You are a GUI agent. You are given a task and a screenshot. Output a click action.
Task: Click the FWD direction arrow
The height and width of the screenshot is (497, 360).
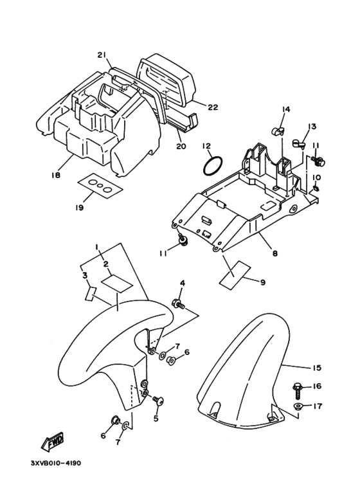pyautogui.click(x=53, y=441)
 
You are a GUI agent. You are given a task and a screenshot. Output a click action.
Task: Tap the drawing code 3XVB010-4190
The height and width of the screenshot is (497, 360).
pyautogui.click(x=56, y=463)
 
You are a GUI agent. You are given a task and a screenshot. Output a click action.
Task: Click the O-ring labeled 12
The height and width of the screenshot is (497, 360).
pyautogui.click(x=213, y=166)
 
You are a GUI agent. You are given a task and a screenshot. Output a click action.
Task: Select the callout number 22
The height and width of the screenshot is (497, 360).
pyautogui.click(x=213, y=107)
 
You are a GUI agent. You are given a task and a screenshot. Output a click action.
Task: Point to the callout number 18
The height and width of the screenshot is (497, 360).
pyautogui.click(x=56, y=175)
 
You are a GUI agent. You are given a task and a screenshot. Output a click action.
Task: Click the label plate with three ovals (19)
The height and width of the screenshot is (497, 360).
pyautogui.click(x=100, y=186)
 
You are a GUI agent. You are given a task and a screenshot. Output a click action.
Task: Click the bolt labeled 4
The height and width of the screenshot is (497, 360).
pyautogui.click(x=179, y=303)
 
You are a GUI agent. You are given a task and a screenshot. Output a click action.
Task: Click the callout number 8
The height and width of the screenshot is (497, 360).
pyautogui.click(x=274, y=253)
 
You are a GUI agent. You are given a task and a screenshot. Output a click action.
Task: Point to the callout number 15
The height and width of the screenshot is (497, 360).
pyautogui.click(x=316, y=368)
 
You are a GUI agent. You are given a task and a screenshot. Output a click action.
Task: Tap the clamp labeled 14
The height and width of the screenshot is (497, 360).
pyautogui.click(x=278, y=131)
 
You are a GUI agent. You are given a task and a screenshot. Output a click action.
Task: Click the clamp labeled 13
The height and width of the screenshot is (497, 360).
pyautogui.click(x=298, y=144)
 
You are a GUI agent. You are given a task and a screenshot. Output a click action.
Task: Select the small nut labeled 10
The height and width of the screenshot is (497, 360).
pyautogui.click(x=316, y=189)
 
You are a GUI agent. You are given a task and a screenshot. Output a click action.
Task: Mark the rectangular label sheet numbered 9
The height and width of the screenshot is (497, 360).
pyautogui.click(x=235, y=275)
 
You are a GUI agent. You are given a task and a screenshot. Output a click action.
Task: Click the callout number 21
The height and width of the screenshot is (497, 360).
pyautogui.click(x=102, y=55)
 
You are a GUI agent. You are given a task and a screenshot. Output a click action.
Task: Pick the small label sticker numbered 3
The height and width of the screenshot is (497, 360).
pyautogui.click(x=91, y=294)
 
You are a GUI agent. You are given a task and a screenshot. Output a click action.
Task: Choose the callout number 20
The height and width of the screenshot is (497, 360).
pyautogui.click(x=181, y=146)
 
